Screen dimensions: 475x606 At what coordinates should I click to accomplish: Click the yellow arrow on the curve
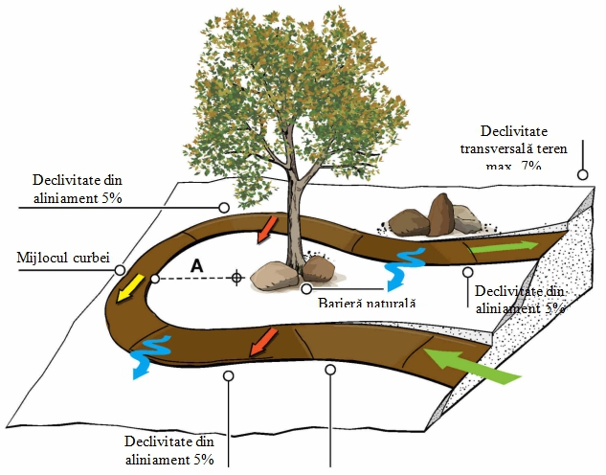point(123,286)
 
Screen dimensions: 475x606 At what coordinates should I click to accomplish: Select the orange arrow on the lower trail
point(263,340)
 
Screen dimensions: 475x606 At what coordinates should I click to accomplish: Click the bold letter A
point(196,266)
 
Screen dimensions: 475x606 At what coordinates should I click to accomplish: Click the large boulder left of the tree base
point(275,276)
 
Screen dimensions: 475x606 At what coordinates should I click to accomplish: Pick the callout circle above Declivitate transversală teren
point(581,175)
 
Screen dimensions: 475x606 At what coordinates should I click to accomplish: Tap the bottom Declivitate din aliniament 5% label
point(172,449)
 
